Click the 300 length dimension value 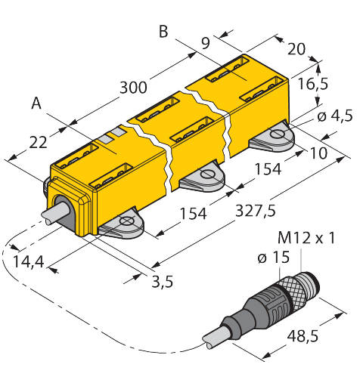click(133, 88)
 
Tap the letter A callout click(36, 103)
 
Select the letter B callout click(163, 32)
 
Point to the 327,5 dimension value click(256, 211)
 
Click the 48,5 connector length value click(303, 335)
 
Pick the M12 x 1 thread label click(306, 238)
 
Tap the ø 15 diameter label click(274, 258)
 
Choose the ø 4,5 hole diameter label click(335, 116)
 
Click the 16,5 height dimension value click(313, 84)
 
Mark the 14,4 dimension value click(29, 261)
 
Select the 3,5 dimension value click(163, 281)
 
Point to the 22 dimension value click(38, 142)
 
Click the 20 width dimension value click(296, 49)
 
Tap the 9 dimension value click(206, 43)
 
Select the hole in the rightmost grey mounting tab click(277, 134)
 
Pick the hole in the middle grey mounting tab click(207, 174)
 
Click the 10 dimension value click(319, 153)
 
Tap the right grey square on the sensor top click(118, 131)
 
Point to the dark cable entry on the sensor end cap click(63, 211)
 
